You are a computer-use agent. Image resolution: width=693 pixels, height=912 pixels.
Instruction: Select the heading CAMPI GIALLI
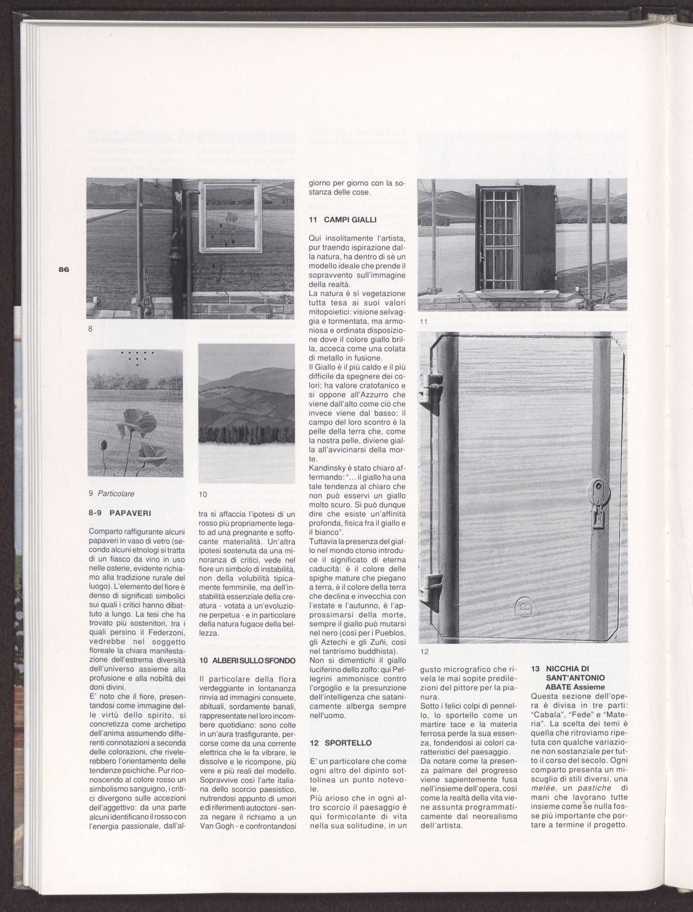pos(342,219)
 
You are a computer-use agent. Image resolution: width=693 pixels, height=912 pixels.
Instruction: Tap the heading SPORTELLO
pos(342,743)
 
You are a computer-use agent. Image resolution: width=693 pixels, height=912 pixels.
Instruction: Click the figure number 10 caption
pos(203,494)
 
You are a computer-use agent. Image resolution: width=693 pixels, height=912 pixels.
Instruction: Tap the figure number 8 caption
pos(90,329)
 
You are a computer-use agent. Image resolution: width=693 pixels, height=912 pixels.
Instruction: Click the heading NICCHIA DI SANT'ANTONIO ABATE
pos(575,678)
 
